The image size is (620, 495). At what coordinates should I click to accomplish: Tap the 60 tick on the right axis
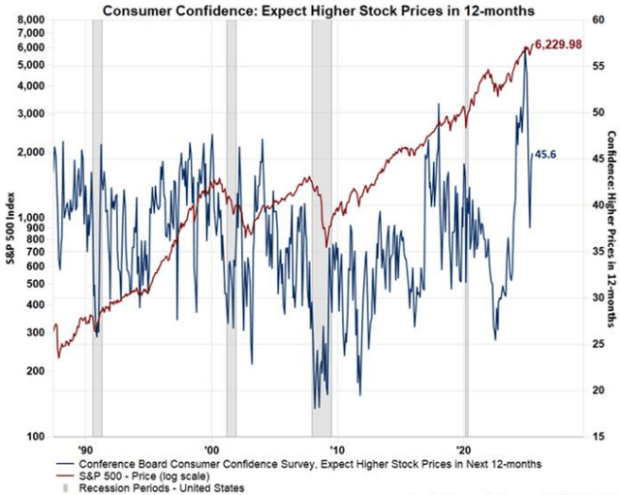[586, 20]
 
